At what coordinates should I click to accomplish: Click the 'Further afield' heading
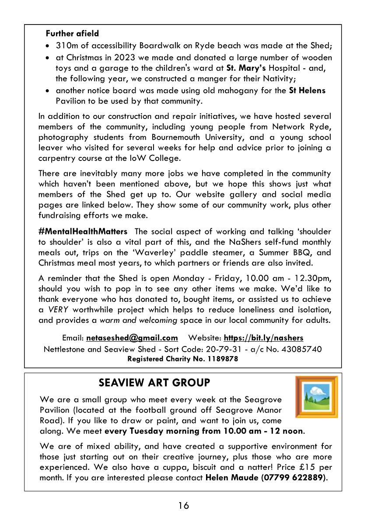tap(72, 34)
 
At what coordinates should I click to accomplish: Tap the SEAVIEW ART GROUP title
tap(154, 383)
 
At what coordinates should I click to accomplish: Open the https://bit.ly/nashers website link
tap(263, 338)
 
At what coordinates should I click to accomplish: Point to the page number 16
tap(183, 506)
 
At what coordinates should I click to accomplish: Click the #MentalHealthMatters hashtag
tap(83, 231)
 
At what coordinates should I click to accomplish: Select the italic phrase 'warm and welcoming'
tap(138, 321)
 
